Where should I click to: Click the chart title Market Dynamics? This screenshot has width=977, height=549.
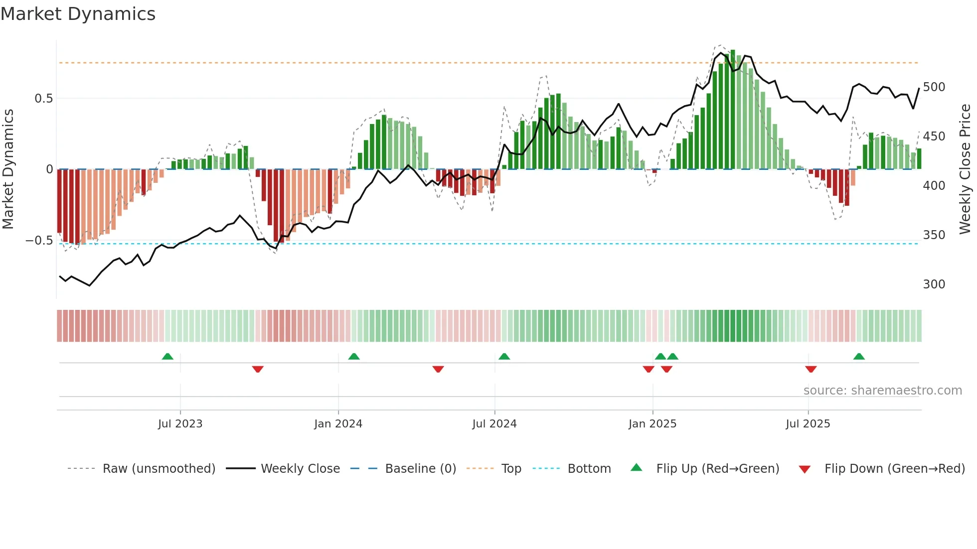click(x=78, y=14)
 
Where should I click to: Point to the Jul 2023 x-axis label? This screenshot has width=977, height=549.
click(x=180, y=424)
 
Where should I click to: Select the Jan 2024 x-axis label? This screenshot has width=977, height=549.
click(x=338, y=424)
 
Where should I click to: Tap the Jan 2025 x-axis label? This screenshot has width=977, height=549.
click(x=652, y=424)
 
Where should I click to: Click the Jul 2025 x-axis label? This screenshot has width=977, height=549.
click(x=808, y=424)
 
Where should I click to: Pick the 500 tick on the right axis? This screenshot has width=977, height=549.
click(x=934, y=87)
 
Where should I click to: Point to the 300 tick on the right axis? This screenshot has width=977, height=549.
click(x=934, y=284)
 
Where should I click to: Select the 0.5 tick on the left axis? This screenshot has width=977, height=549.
click(x=43, y=99)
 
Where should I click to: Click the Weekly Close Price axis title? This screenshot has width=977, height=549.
click(x=965, y=169)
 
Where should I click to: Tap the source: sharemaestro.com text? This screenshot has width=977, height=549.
click(x=882, y=391)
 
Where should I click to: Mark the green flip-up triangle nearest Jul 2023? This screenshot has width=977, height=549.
click(x=167, y=356)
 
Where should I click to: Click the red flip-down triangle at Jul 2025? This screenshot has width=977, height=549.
click(x=811, y=369)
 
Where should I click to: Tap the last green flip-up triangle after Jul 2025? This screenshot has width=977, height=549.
click(x=858, y=356)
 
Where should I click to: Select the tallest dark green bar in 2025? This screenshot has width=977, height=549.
click(x=733, y=110)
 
